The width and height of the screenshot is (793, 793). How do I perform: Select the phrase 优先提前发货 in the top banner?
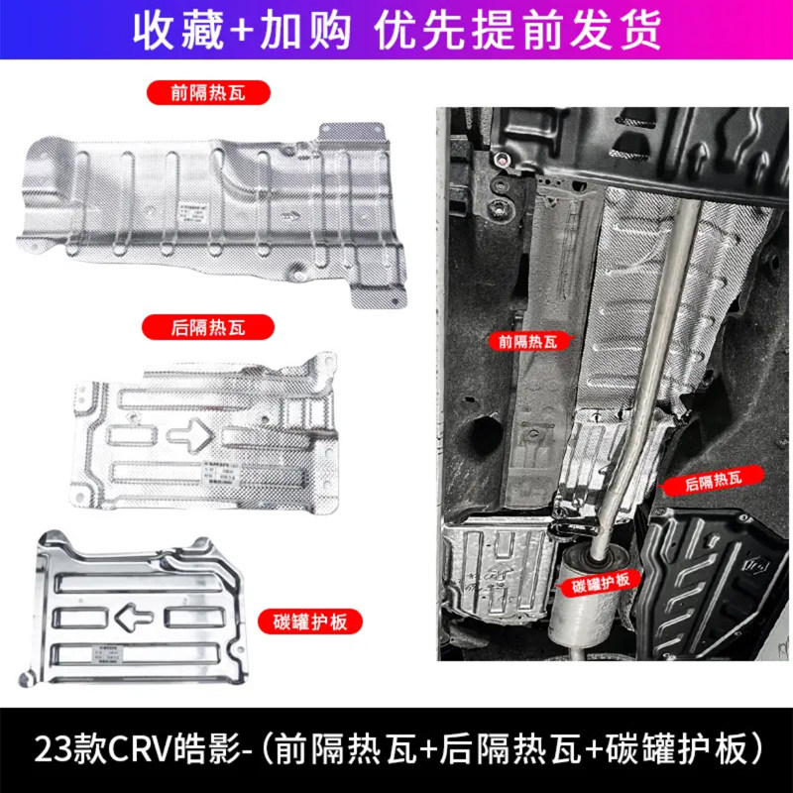pyautogui.click(x=517, y=31)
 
